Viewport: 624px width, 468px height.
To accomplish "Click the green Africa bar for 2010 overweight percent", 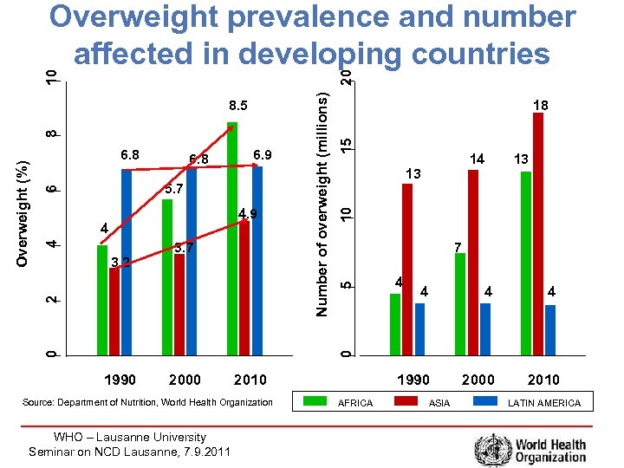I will click(231, 238).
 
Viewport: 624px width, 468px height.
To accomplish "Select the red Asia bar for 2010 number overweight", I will click(538, 234).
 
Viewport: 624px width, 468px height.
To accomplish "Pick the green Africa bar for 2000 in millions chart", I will click(460, 303).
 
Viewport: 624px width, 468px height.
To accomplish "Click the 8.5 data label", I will click(238, 107).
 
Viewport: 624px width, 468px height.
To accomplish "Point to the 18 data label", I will click(540, 105).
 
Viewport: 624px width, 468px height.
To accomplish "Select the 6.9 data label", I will click(263, 155).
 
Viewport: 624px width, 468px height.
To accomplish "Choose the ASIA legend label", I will click(439, 403).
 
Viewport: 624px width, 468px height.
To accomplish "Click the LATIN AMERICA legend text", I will click(544, 403).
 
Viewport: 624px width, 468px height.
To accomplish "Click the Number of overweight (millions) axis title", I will click(322, 205).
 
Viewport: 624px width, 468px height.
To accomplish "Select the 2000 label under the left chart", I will click(185, 380).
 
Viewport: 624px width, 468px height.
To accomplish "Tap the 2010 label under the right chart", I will click(543, 380).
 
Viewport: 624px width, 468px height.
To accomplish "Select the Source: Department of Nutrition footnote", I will click(159, 402).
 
